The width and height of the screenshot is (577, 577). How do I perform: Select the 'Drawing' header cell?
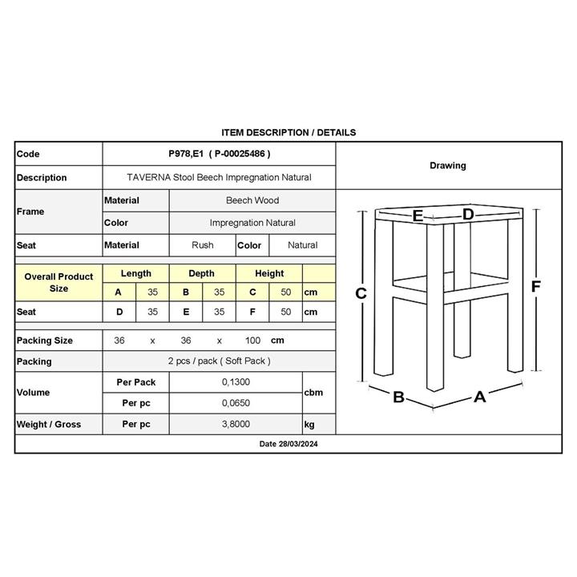click(x=447, y=166)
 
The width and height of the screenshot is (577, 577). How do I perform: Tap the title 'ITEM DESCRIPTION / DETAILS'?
click(x=288, y=132)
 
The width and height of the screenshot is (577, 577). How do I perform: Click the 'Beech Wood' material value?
click(x=252, y=200)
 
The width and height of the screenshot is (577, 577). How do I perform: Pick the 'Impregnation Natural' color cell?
click(x=252, y=223)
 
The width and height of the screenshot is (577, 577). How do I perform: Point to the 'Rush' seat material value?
click(x=203, y=245)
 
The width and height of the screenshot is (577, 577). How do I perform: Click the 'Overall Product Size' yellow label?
click(x=59, y=282)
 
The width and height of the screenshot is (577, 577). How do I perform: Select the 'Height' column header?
click(x=269, y=274)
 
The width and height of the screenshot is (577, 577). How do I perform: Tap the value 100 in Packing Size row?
click(x=253, y=341)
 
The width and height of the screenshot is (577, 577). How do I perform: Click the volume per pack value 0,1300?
click(x=236, y=383)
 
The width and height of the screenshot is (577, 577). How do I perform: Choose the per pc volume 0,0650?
click(x=236, y=402)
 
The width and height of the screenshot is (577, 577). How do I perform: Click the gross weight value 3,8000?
click(x=236, y=425)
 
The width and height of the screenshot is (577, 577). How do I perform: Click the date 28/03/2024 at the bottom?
click(x=288, y=443)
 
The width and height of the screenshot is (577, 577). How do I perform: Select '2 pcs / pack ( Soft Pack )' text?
click(x=219, y=361)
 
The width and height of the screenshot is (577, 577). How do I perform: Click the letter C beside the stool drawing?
click(x=361, y=293)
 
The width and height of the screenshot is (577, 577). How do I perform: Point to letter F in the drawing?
click(x=536, y=286)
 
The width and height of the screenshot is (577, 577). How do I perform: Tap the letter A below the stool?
click(x=479, y=396)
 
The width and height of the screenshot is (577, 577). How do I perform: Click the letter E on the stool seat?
click(x=418, y=216)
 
